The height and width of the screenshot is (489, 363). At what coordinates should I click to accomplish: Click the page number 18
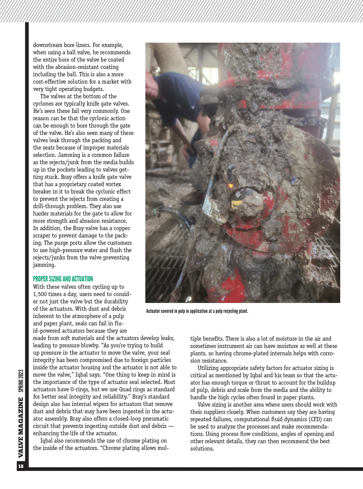(21, 466)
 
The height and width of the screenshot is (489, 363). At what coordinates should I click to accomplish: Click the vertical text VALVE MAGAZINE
(21, 427)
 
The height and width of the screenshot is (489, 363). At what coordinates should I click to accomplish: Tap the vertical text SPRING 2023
(21, 381)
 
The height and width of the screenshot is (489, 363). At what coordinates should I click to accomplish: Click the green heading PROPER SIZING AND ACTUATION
(63, 279)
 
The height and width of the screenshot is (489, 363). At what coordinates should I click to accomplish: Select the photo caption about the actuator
(197, 311)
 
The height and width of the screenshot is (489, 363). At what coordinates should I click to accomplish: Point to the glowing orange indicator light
(231, 186)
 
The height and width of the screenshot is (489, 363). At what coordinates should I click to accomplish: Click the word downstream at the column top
(48, 45)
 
